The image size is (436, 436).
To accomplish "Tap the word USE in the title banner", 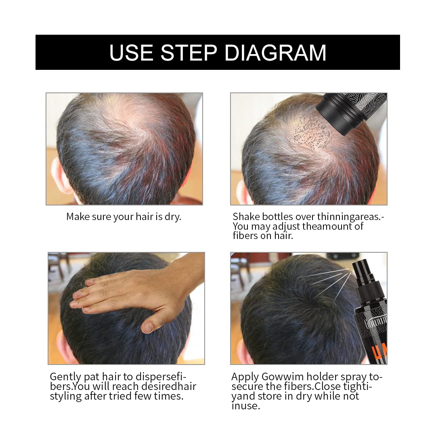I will point(131,53).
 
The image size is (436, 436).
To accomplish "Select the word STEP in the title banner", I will point(189,53).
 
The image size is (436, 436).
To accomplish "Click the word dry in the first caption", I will point(172,217).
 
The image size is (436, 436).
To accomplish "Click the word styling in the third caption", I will point(66,396).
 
